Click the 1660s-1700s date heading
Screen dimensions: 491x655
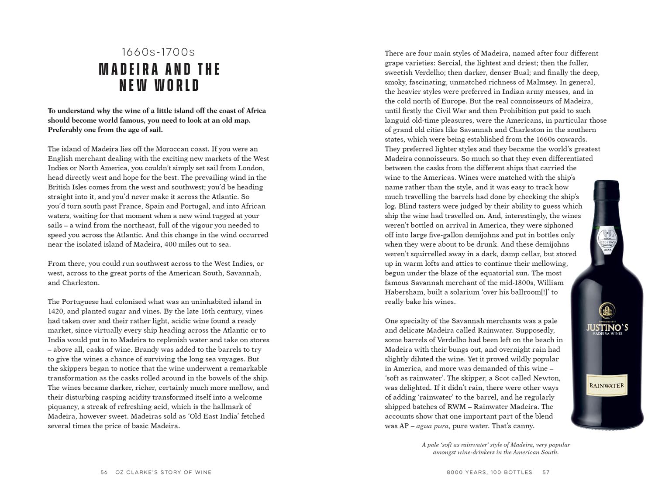coord(158,53)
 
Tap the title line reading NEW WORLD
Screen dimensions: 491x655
coord(159,85)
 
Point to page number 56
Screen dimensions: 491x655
coord(104,472)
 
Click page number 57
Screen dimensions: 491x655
coord(546,472)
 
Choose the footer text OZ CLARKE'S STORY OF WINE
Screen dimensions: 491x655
coord(163,472)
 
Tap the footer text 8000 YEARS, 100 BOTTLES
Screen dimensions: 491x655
coord(490,472)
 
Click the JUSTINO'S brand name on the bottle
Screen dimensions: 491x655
coord(607,327)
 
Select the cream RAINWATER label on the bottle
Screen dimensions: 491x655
coord(607,385)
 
